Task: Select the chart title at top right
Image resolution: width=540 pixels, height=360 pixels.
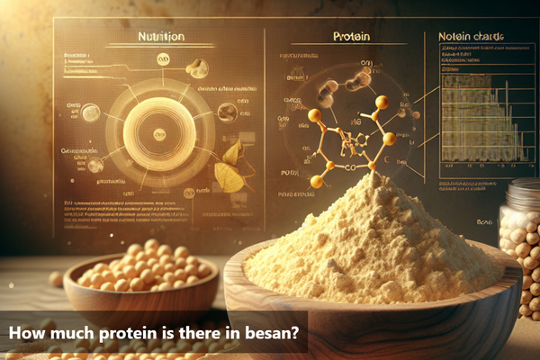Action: tap(471, 38)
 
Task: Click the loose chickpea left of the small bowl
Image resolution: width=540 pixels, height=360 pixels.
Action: tap(56, 279)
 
